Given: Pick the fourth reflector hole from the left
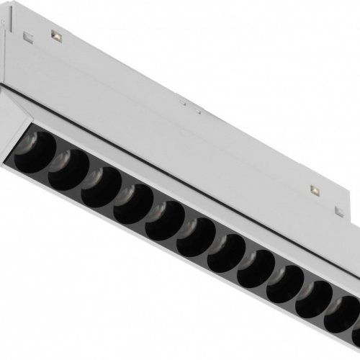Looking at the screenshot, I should point(133,204).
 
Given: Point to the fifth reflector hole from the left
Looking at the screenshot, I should point(165,221).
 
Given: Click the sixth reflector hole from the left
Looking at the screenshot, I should point(197,237).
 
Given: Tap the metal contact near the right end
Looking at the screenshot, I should point(315,189).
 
